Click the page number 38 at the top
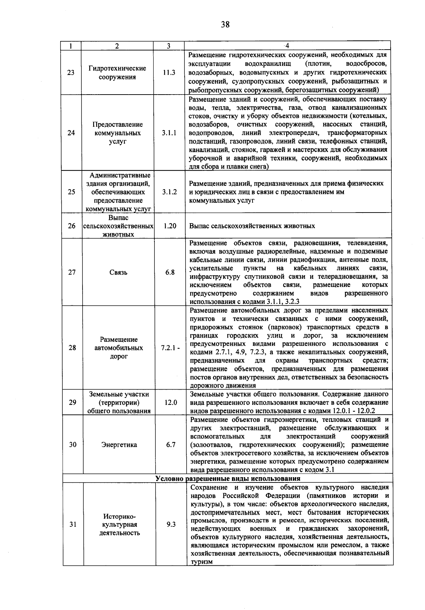[225, 24]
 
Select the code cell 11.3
[169, 73]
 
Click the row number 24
[72, 133]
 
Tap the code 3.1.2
[169, 192]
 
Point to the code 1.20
[170, 226]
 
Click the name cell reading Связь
[119, 272]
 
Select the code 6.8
[170, 272]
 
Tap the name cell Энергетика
[119, 445]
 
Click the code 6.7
[171, 445]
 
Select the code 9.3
[171, 525]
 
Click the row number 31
[73, 525]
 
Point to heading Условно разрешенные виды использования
[228, 479]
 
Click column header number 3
[169, 46]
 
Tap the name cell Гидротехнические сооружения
[117, 73]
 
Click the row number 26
[72, 226]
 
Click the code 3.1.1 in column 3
[169, 133]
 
